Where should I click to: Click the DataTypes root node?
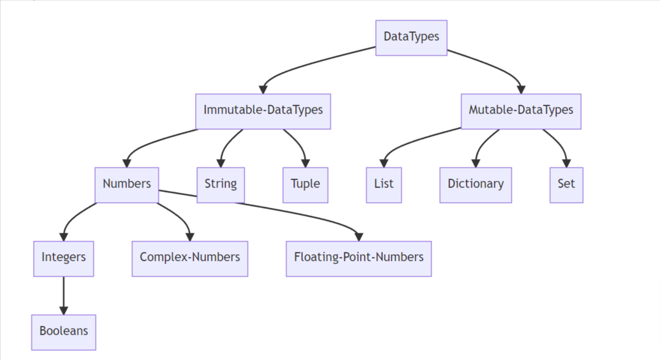tap(411, 38)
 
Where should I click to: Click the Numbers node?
tap(127, 184)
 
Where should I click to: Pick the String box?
tap(221, 184)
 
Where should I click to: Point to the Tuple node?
tap(305, 184)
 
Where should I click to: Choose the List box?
tap(383, 184)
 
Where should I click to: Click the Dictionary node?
tap(475, 184)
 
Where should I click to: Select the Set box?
tap(566, 184)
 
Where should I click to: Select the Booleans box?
tap(63, 331)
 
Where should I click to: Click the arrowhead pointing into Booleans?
tap(63, 310)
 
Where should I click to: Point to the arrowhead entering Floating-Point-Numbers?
tap(358, 236)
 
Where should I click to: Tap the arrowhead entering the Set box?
tap(566, 163)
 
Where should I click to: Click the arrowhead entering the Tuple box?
tap(305, 163)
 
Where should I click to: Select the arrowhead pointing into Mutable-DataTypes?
tap(521, 90)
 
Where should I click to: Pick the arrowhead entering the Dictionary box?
tap(475, 163)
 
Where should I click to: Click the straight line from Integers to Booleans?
tap(63, 291)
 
